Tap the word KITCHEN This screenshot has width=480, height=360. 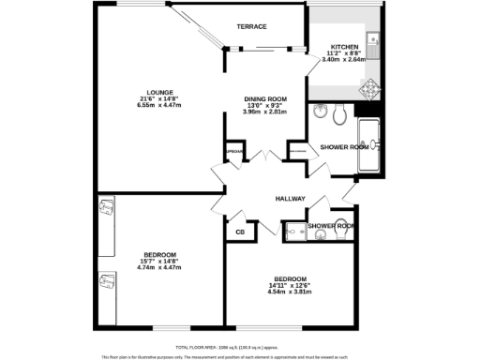click(344, 46)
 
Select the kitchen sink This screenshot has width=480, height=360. click(372, 40)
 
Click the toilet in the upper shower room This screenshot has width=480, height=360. click(341, 114)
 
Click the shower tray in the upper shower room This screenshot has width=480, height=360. click(370, 145)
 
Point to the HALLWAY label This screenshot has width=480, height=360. click(292, 200)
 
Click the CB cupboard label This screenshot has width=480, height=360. click(240, 232)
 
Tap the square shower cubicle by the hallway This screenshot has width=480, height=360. click(296, 231)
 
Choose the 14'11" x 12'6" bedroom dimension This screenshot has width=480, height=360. click(289, 285)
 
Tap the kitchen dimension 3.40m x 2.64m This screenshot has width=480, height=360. click(344, 59)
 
